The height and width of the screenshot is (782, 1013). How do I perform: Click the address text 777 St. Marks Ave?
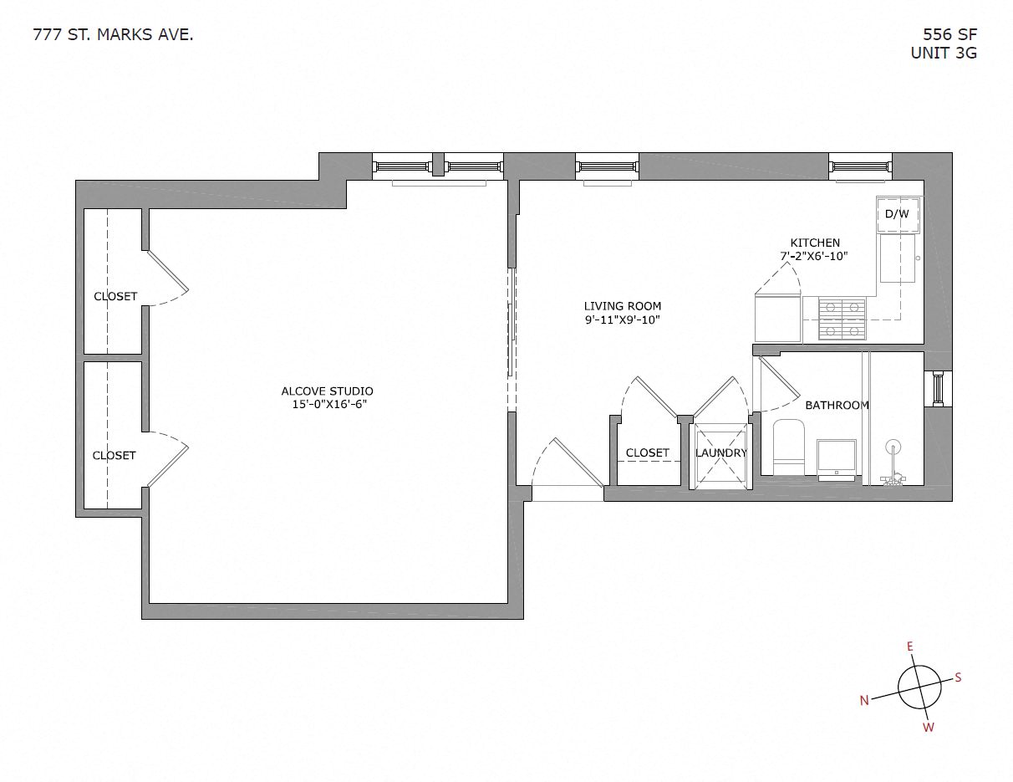click(x=113, y=34)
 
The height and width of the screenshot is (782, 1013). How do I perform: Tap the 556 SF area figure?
click(x=949, y=34)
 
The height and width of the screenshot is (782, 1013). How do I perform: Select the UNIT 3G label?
click(x=944, y=53)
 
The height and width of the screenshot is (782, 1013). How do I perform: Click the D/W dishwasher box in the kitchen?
click(x=897, y=214)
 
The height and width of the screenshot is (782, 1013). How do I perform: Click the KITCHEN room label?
click(x=815, y=243)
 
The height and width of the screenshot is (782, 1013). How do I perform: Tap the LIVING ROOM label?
click(x=622, y=306)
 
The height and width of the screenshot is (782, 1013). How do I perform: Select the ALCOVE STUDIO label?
click(x=327, y=391)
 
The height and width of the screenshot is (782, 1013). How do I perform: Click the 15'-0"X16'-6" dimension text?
click(x=325, y=404)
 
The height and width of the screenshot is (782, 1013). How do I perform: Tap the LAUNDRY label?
click(x=720, y=452)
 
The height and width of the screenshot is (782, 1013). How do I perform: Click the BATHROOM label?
click(x=837, y=405)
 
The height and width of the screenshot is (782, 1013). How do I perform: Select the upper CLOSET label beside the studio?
click(x=115, y=296)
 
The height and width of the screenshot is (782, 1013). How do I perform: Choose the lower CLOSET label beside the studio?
click(x=114, y=455)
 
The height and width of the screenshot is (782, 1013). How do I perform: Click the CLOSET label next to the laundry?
click(x=647, y=452)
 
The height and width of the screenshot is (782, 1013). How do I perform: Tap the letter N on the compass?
click(x=864, y=701)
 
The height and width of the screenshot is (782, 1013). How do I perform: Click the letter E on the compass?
click(x=910, y=647)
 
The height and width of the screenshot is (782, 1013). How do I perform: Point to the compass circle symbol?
click(x=919, y=687)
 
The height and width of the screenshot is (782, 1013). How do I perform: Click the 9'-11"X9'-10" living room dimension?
click(x=623, y=319)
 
